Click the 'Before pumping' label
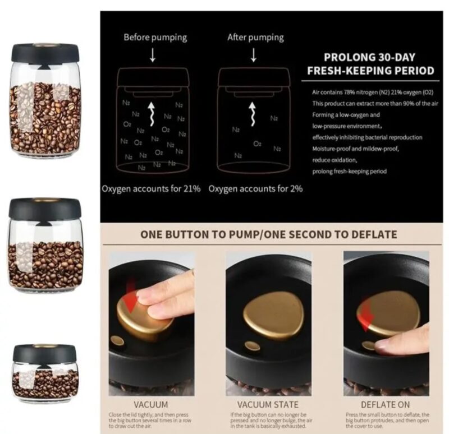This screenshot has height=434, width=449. coord(155,38)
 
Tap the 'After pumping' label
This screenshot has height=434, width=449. coord(255,38)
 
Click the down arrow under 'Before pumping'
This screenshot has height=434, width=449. coord(153,55)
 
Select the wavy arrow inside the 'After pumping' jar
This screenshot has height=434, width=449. coord(252,114)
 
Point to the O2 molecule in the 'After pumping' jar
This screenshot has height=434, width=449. coord(257,144)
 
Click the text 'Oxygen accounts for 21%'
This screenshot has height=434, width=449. coord(151,189)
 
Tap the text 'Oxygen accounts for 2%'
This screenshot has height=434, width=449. coord(255,189)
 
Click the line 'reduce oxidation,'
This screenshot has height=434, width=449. coord(335,160)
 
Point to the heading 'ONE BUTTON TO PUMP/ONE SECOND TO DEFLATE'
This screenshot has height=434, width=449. coord(269,234)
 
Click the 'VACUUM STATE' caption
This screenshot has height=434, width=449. coord(268,404)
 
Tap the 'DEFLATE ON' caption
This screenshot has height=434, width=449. coord(385,404)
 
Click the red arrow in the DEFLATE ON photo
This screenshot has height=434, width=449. coord(367,315)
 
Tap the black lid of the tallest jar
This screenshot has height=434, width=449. coord(45,53)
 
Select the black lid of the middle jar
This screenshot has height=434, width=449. coord(45,208)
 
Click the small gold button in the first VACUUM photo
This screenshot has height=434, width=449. coord(117,340)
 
